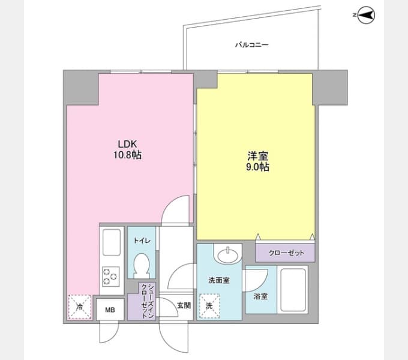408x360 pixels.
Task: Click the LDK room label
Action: coord(127,144)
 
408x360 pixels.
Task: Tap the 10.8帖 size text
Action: coord(127,155)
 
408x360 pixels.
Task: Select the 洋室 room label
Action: coord(257,156)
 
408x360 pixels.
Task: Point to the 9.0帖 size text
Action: coord(257,167)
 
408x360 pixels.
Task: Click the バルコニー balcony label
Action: coord(251,45)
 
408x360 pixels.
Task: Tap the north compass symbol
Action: coord(365,16)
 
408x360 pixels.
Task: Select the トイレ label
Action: coord(142,241)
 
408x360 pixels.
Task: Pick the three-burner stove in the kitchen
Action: coord(111,277)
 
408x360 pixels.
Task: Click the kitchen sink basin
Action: coord(112,242)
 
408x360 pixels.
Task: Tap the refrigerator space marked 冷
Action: coord(80,307)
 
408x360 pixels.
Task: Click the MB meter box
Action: coord(110,310)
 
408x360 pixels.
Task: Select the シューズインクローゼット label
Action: coord(147,301)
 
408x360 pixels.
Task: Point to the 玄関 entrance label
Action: coord(184,305)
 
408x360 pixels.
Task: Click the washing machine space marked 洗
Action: coord(209,306)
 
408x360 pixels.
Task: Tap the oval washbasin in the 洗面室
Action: coord(227,254)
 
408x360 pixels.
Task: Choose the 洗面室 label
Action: coord(219,280)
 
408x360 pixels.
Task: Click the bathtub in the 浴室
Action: coord(293,290)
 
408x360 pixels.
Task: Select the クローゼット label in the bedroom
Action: coord(286,253)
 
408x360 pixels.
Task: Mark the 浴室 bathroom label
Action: coord(261,296)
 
